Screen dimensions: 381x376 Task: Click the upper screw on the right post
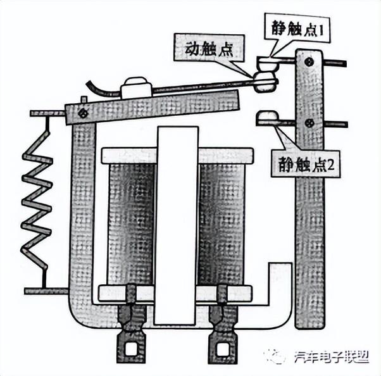(x=308, y=61)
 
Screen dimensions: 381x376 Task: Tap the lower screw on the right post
(x=309, y=122)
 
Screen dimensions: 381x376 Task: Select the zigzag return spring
(x=37, y=203)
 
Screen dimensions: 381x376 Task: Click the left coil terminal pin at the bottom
(x=131, y=345)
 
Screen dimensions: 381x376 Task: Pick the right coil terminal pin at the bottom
(x=222, y=345)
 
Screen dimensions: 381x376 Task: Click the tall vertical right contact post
(x=309, y=222)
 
